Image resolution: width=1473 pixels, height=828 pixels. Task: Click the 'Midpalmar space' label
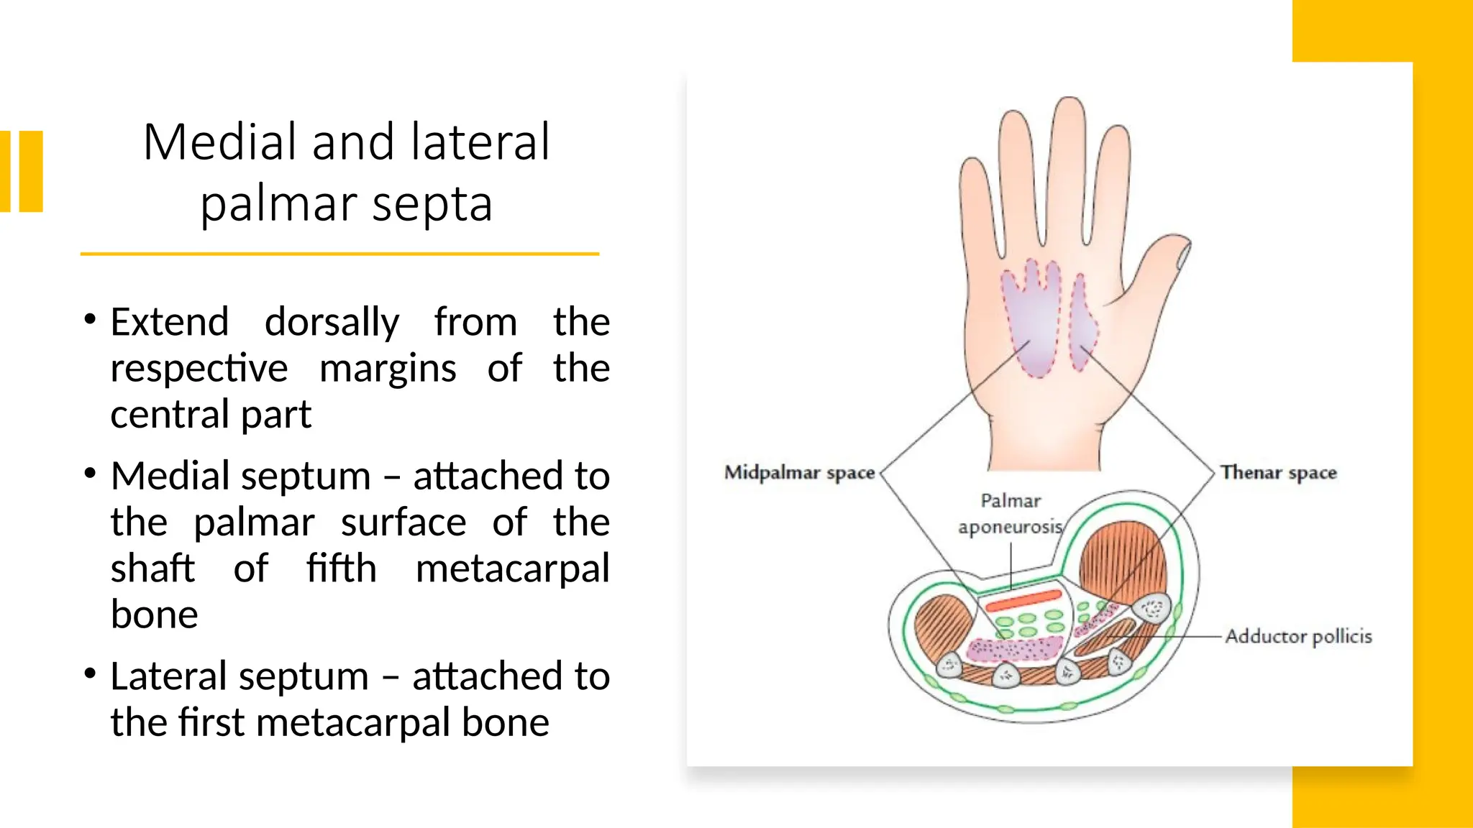(x=799, y=473)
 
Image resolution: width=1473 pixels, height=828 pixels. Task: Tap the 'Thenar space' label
(x=1278, y=473)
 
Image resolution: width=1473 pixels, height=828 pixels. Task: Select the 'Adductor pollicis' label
(x=1298, y=637)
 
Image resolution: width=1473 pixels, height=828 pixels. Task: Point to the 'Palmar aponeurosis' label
(x=1010, y=514)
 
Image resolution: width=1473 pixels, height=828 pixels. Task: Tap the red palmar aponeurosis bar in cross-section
(x=1023, y=601)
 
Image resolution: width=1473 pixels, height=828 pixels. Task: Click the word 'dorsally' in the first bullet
(x=332, y=322)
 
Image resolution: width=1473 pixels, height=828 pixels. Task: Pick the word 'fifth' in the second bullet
(x=341, y=569)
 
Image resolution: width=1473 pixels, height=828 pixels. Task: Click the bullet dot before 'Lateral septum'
(x=90, y=674)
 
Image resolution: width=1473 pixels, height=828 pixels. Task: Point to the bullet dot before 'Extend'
(x=90, y=320)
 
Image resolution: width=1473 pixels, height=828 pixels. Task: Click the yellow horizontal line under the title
(x=339, y=254)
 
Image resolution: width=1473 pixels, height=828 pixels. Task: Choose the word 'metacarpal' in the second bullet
(x=512, y=569)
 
